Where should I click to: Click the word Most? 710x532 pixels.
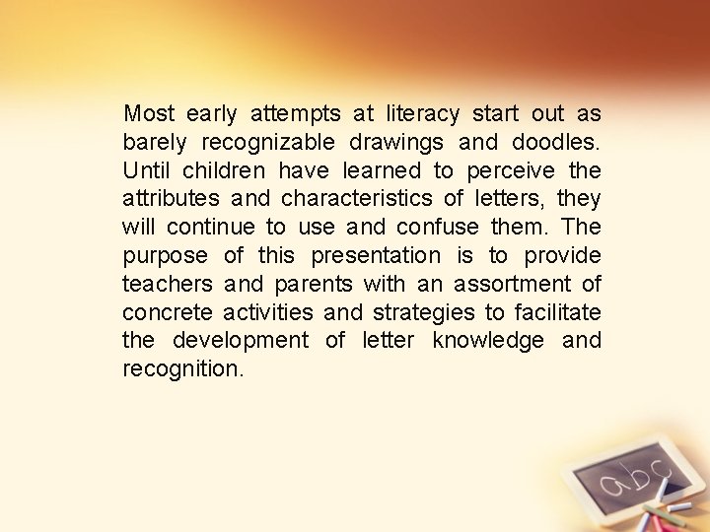pyautogui.click(x=149, y=113)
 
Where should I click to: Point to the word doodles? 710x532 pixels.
pyautogui.click(x=556, y=142)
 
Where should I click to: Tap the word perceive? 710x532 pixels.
pyautogui.click(x=510, y=170)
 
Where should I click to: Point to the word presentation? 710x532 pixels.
pyautogui.click(x=377, y=256)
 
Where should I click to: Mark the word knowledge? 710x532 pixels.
pyautogui.click(x=488, y=341)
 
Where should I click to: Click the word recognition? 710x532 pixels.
pyautogui.click(x=182, y=369)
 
